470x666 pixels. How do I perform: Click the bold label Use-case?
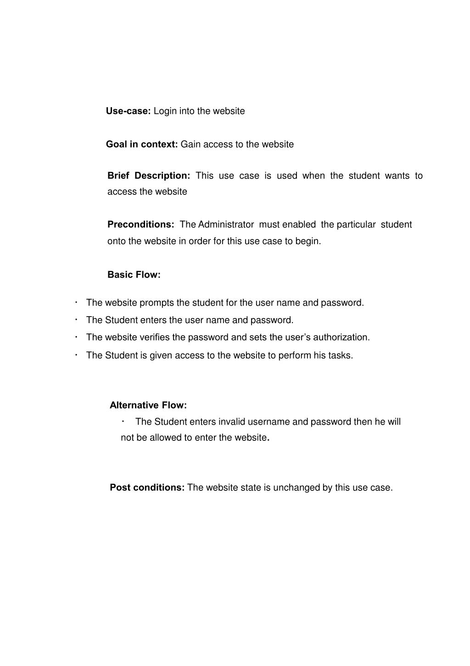point(128,111)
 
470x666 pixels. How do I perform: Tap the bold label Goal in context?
point(142,144)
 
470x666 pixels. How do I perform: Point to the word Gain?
point(190,144)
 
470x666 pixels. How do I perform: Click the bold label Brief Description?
point(148,176)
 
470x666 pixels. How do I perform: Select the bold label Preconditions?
point(140,224)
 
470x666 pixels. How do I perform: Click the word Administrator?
point(226,224)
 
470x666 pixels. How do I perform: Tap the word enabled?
point(299,224)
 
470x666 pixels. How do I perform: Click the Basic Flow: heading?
point(134,274)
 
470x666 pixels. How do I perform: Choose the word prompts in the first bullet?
point(157,302)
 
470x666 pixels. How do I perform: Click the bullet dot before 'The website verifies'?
point(76,337)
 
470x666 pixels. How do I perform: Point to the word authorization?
point(341,337)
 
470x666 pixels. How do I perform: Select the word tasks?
point(341,355)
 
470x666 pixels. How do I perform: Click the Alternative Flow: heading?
point(148,405)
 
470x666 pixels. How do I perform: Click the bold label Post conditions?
point(147,488)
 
